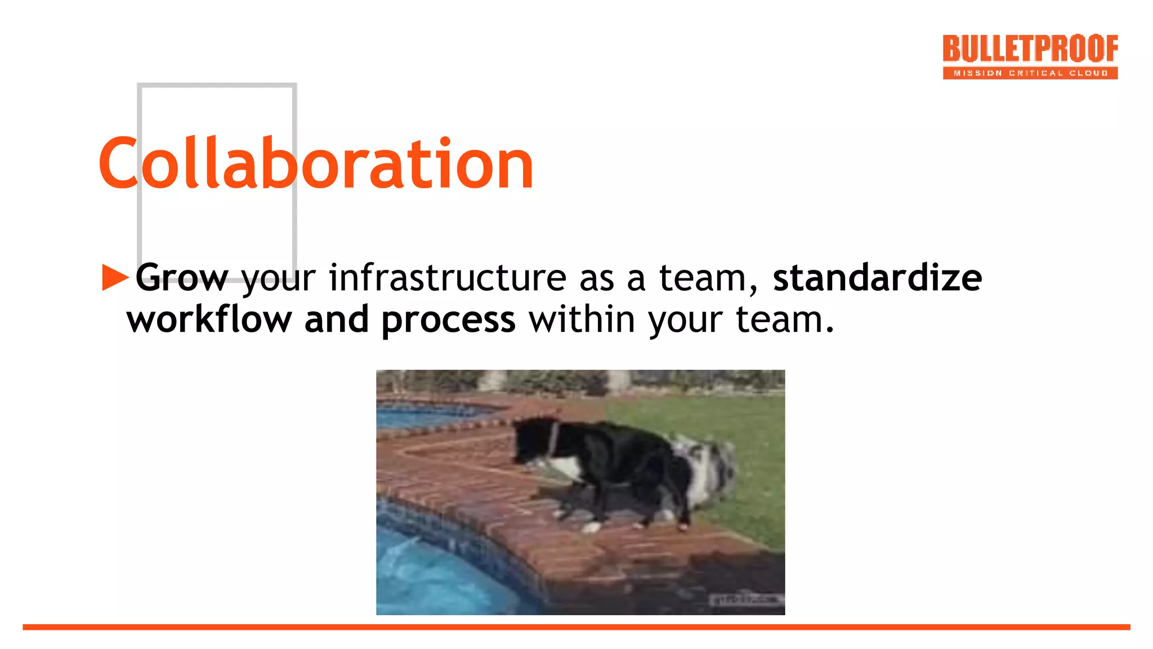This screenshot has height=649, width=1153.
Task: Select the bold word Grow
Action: [x=182, y=278]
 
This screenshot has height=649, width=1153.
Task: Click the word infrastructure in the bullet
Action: [x=447, y=278]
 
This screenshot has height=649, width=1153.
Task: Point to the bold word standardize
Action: [x=877, y=278]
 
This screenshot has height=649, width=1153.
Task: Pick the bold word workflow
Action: [x=209, y=320]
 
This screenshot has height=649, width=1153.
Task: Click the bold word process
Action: [x=448, y=320]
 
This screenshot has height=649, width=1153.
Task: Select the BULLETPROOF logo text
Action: [x=1030, y=49]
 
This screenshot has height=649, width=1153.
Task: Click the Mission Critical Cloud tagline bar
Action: [x=1030, y=73]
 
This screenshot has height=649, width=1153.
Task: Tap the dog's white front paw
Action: [x=591, y=527]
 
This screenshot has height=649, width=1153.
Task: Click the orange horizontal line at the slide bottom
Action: [x=576, y=627]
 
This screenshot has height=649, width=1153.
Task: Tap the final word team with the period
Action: [x=785, y=320]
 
